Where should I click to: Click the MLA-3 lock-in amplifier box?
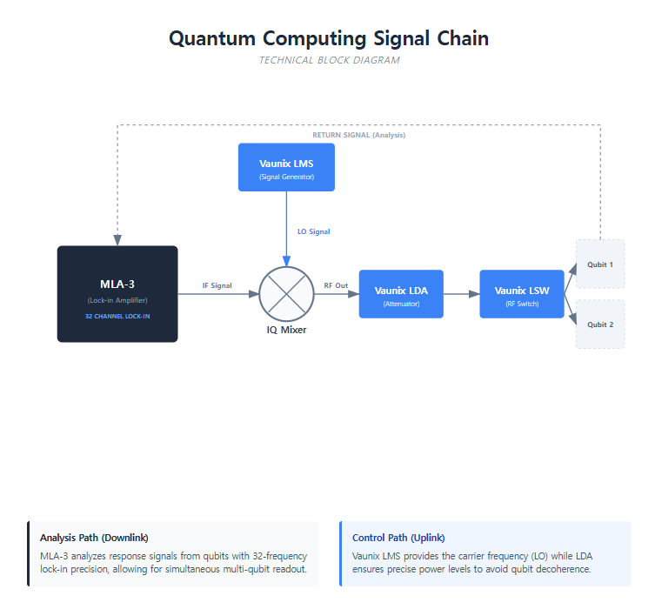pyautogui.click(x=117, y=294)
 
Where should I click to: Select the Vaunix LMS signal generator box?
pyautogui.click(x=286, y=167)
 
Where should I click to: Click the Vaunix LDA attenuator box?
pyautogui.click(x=401, y=294)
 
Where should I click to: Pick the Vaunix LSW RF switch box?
pyautogui.click(x=522, y=294)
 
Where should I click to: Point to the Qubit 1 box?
pyautogui.click(x=600, y=264)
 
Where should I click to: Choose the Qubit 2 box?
pyautogui.click(x=600, y=325)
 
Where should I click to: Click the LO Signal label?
pyautogui.click(x=314, y=231)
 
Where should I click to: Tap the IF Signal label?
pyautogui.click(x=217, y=285)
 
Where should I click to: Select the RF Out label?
pyautogui.click(x=336, y=285)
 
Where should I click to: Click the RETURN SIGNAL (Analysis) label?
pyautogui.click(x=359, y=135)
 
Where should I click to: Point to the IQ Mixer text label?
pyautogui.click(x=286, y=330)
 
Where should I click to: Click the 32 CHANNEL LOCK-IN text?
pyautogui.click(x=117, y=316)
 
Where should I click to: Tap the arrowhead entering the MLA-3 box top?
pyautogui.click(x=117, y=240)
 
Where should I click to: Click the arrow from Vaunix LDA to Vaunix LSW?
pyautogui.click(x=462, y=294)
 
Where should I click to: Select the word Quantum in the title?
pyautogui.click(x=212, y=38)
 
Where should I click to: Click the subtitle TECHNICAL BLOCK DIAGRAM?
pyautogui.click(x=329, y=60)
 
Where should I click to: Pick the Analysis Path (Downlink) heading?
pyautogui.click(x=94, y=538)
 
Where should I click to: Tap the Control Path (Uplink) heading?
pyautogui.click(x=398, y=538)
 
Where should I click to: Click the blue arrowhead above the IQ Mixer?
pyautogui.click(x=286, y=261)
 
